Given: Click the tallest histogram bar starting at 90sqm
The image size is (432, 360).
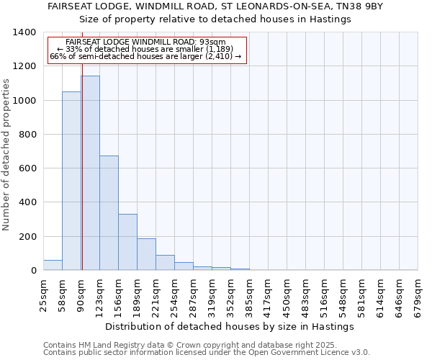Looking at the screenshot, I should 90,173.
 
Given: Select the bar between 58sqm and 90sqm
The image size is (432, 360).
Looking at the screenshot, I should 71,181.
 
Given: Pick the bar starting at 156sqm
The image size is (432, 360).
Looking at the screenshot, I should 127,242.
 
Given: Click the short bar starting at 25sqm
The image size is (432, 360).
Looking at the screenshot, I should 53,265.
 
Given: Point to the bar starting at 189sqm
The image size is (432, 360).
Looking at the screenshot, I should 146,254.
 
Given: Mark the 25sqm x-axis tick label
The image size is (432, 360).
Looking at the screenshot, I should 43,295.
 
